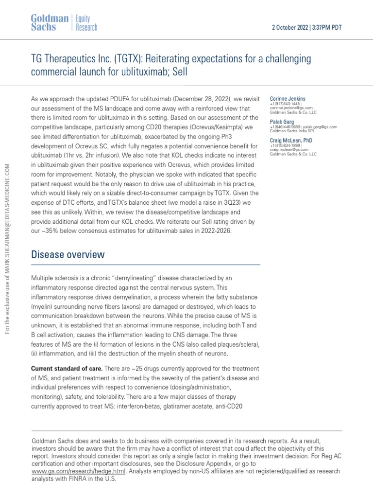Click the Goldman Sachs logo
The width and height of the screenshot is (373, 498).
click(50, 22)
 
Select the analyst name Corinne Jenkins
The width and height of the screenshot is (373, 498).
click(288, 99)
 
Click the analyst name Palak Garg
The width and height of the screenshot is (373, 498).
click(282, 122)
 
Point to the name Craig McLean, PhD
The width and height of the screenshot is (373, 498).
click(291, 140)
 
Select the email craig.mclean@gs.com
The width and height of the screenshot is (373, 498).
click(289, 150)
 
